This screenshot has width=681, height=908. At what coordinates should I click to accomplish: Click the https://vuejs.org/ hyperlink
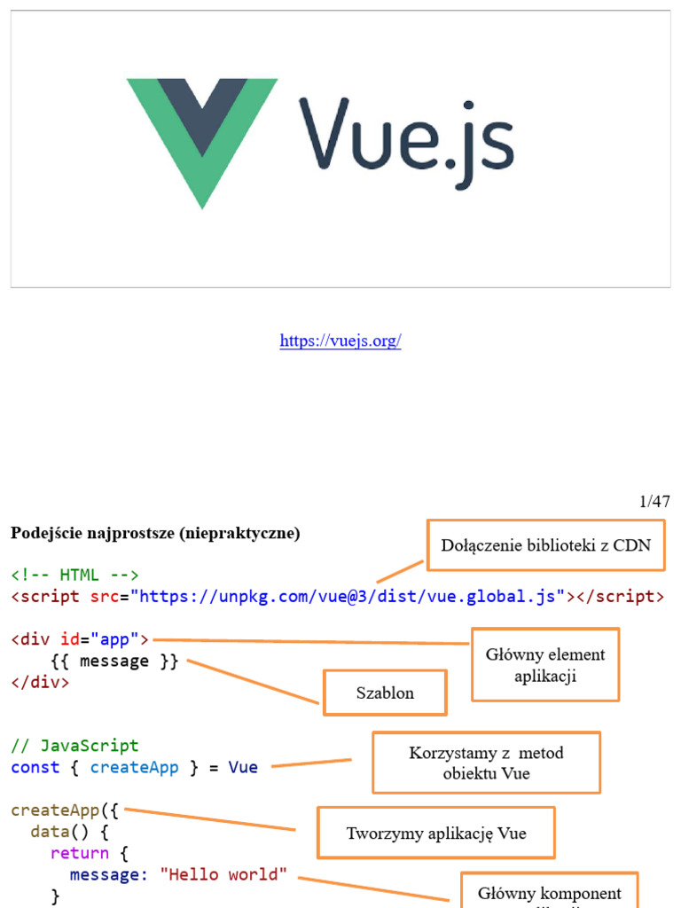tap(340, 340)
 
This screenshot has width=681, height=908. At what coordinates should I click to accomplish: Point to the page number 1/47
tap(654, 502)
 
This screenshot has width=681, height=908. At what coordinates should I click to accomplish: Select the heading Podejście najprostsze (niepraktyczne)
tap(155, 533)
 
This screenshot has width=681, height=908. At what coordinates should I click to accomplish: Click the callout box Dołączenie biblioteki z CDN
tap(546, 545)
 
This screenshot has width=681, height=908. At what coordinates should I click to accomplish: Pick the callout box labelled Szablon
tap(385, 693)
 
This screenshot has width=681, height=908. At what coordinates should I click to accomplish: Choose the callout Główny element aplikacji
tap(544, 665)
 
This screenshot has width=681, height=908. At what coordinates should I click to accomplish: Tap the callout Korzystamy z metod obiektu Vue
tap(486, 763)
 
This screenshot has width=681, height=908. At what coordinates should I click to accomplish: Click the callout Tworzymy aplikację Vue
tap(435, 833)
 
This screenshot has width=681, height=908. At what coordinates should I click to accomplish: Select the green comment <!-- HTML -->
tap(74, 575)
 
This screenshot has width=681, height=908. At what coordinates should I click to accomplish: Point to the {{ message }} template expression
tap(115, 661)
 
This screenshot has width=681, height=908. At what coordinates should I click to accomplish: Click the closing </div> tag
tap(40, 683)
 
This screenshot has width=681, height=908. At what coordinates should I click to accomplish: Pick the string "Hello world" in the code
tap(223, 875)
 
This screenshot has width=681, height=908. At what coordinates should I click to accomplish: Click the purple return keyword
tap(80, 854)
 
